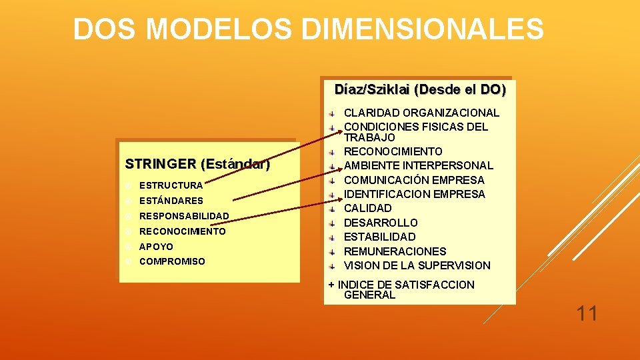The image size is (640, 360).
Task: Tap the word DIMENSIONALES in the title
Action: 422,29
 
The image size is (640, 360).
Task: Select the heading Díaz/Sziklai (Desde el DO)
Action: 420,89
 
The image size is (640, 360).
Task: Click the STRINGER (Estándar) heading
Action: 197,164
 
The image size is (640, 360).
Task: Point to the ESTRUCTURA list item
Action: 171,185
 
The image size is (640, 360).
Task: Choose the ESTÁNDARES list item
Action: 171,201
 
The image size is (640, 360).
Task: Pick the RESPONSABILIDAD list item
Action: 184,216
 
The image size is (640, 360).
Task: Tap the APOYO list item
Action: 156,247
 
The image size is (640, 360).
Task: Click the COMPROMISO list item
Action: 172,262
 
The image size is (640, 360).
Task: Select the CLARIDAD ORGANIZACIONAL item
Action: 421,113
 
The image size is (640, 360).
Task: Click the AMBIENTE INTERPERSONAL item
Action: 419,165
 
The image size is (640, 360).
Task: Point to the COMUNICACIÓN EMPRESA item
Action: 414,180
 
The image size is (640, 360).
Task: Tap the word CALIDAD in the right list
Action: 367,209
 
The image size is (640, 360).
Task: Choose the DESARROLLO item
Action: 381,223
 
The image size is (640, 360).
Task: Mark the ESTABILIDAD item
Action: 379,237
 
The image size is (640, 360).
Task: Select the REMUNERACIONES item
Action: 395,251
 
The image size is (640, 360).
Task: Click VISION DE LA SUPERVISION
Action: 417,265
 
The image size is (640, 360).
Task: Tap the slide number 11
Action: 587,313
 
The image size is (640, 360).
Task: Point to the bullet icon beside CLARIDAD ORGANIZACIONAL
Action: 332,113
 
